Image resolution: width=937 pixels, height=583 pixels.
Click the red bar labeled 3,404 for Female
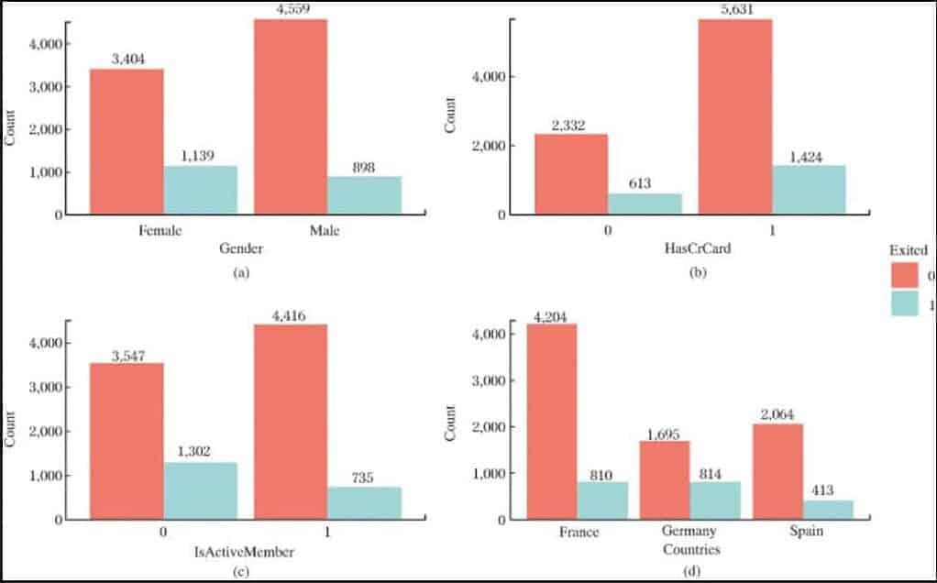click(x=127, y=141)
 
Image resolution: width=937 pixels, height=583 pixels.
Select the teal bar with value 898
click(x=364, y=195)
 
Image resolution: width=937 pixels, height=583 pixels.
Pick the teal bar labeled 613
click(x=645, y=203)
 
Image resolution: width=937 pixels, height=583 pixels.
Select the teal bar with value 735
click(x=364, y=503)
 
